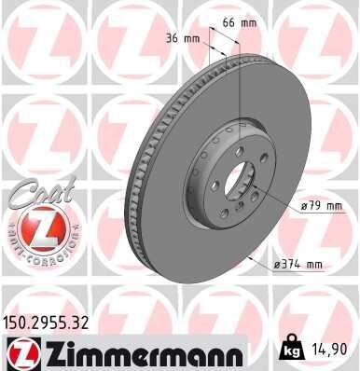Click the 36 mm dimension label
coord(184,39)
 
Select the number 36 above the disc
coord(176,39)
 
